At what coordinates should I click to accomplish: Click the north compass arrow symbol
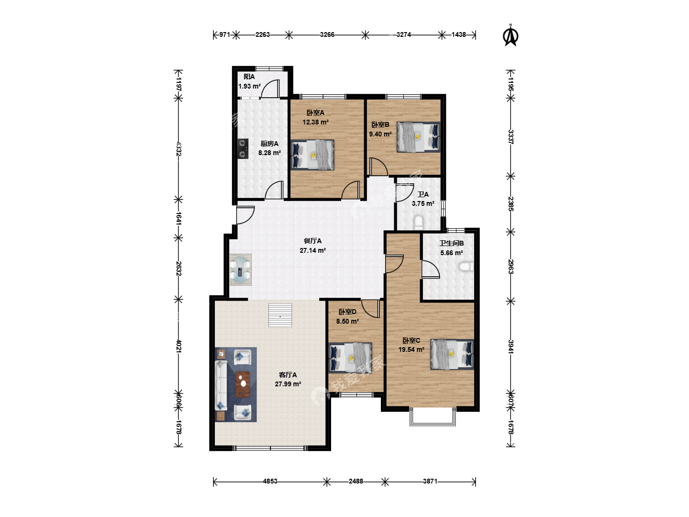(x=511, y=35)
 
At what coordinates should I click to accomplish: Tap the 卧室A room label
(x=315, y=112)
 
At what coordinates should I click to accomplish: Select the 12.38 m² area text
(x=315, y=122)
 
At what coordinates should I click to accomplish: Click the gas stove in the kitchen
(x=243, y=148)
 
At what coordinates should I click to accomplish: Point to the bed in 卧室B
(x=418, y=137)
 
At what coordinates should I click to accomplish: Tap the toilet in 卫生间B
(x=466, y=267)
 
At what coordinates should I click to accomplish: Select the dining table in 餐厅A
(x=241, y=270)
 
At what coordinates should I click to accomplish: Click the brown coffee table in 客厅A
(x=243, y=384)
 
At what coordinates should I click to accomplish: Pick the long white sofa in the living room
(x=221, y=385)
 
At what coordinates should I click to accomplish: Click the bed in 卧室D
(x=350, y=358)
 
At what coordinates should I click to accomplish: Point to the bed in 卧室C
(x=452, y=354)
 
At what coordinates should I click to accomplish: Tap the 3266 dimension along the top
(x=327, y=34)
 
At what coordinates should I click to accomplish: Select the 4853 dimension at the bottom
(x=270, y=481)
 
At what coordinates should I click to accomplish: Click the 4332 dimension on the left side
(x=178, y=149)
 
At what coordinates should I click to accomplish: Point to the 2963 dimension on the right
(x=511, y=267)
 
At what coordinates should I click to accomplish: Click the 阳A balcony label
(x=249, y=77)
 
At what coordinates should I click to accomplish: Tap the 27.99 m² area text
(x=288, y=384)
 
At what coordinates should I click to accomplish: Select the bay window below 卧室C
(x=432, y=416)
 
